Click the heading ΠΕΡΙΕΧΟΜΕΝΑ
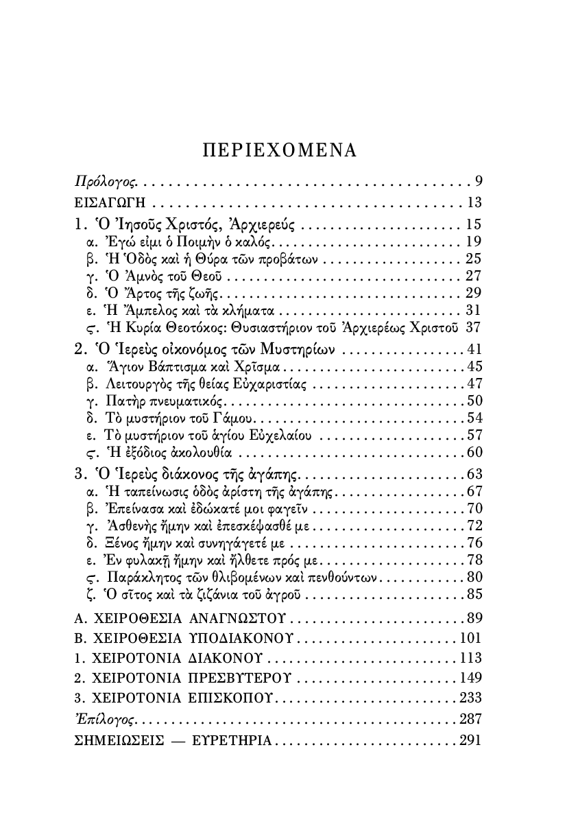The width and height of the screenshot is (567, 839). pyautogui.click(x=280, y=150)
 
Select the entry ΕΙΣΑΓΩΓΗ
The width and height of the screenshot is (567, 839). pyautogui.click(x=110, y=203)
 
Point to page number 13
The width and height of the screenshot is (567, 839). pyautogui.click(x=475, y=202)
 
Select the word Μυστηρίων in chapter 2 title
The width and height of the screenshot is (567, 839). pyautogui.click(x=296, y=349)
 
